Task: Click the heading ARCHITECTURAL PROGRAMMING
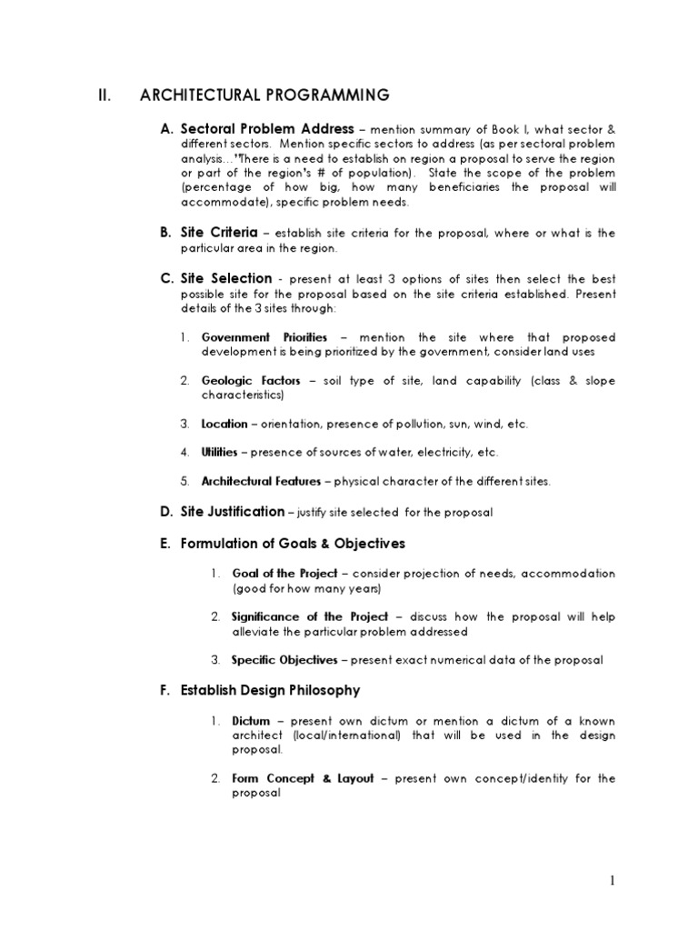coord(264,95)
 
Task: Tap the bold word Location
coord(224,424)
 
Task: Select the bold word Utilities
coord(219,452)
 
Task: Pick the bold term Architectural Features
coord(261,480)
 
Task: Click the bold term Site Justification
coord(232,512)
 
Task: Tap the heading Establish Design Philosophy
coord(270,690)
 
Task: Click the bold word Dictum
coord(251,720)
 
